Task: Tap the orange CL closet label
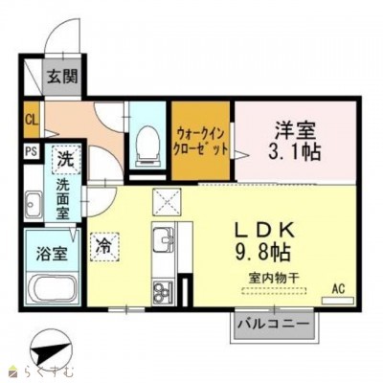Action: tap(31, 121)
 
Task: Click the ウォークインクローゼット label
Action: tap(201, 142)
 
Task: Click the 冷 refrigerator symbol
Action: tap(103, 244)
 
